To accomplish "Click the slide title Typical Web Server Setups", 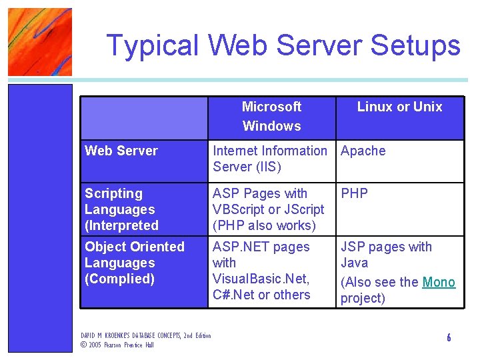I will tap(283, 45).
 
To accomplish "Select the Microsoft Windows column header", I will tap(271, 116).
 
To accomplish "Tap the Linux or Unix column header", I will tap(399, 107).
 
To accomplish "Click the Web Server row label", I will tap(121, 151).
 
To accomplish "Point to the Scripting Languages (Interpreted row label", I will tap(121, 209).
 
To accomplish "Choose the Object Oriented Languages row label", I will tap(134, 263).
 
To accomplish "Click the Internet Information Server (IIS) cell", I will tap(269, 159).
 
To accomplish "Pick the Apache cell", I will tap(363, 151).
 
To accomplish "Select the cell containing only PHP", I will tap(355, 193).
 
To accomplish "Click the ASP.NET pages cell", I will tap(261, 271).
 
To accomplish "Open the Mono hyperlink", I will tap(439, 282).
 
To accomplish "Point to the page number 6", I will tap(449, 337).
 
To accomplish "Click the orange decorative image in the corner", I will tap(39, 41).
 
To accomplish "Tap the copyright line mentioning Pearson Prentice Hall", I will tap(117, 345).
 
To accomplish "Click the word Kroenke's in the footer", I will tap(123, 335).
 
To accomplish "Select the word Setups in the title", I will tap(415, 45).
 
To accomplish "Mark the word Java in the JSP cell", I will tap(354, 263).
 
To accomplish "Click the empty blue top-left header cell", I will tap(143, 117).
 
